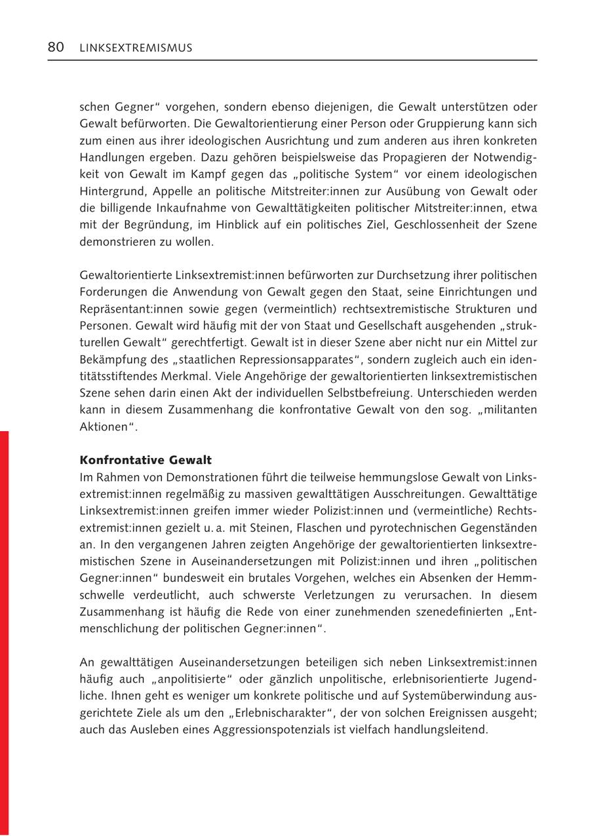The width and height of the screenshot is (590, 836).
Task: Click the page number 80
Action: [55, 47]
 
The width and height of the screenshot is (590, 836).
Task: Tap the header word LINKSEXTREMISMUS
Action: [136, 48]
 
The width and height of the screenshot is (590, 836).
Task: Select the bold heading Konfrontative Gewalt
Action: [146, 461]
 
